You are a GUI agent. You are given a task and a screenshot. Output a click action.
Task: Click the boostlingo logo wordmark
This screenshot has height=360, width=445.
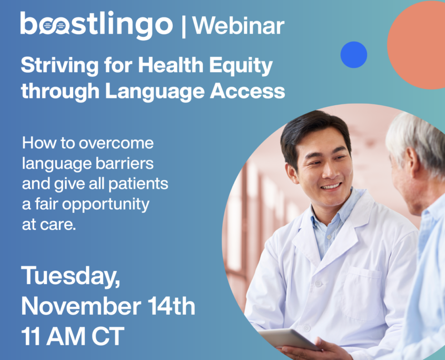point(96,25)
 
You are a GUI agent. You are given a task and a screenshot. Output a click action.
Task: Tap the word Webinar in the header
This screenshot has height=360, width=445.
point(239,26)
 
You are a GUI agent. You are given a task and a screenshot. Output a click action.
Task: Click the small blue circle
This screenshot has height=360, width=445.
point(353,55)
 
